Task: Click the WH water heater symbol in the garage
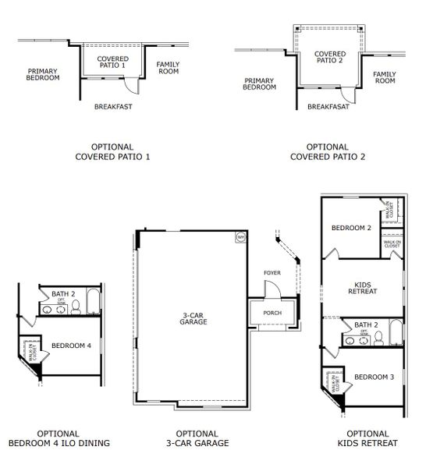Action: tap(240, 236)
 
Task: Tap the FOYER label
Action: tap(272, 273)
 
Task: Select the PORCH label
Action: tap(272, 313)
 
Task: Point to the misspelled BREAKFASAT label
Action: tap(328, 107)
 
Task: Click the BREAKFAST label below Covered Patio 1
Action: tap(113, 106)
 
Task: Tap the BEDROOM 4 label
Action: tap(71, 345)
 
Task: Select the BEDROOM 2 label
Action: tap(351, 229)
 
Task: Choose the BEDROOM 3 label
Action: tap(374, 378)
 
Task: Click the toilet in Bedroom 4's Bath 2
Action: tap(76, 308)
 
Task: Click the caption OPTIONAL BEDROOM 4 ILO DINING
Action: tap(59, 438)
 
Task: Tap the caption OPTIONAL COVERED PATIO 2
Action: tap(328, 151)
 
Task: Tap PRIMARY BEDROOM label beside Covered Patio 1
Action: tap(42, 74)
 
